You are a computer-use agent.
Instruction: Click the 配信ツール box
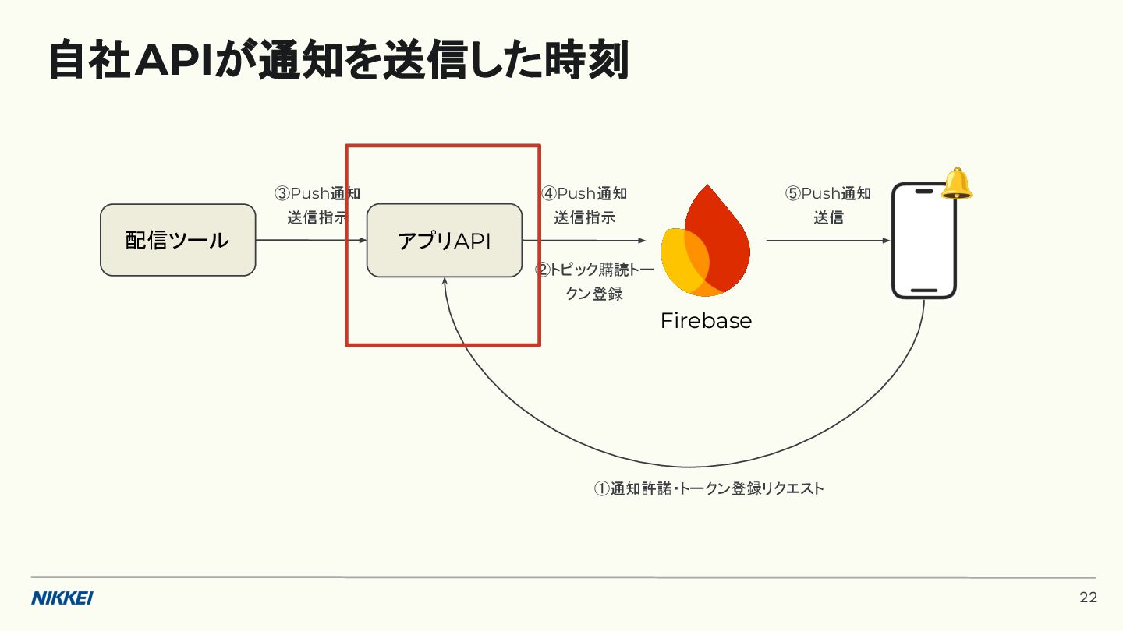(178, 240)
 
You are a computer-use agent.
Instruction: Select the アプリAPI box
(444, 240)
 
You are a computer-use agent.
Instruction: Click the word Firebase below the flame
(706, 320)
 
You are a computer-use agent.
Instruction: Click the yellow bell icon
(957, 184)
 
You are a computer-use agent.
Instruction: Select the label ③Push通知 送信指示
(317, 206)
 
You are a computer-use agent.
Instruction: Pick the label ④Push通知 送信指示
(584, 206)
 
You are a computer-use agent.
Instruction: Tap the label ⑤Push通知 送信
(828, 206)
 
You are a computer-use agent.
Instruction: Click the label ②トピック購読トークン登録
(594, 282)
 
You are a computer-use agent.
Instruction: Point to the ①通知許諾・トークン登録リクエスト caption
(709, 488)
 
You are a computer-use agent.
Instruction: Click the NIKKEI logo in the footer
(62, 598)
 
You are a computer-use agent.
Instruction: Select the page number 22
(1088, 598)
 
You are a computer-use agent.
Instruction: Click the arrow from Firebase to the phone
(827, 241)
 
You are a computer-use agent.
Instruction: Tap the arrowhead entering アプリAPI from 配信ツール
(363, 241)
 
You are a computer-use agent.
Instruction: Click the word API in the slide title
(174, 62)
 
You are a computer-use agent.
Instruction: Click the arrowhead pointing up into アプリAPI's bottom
(445, 281)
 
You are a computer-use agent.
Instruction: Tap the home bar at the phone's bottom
(924, 291)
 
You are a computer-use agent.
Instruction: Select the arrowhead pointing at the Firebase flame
(643, 241)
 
